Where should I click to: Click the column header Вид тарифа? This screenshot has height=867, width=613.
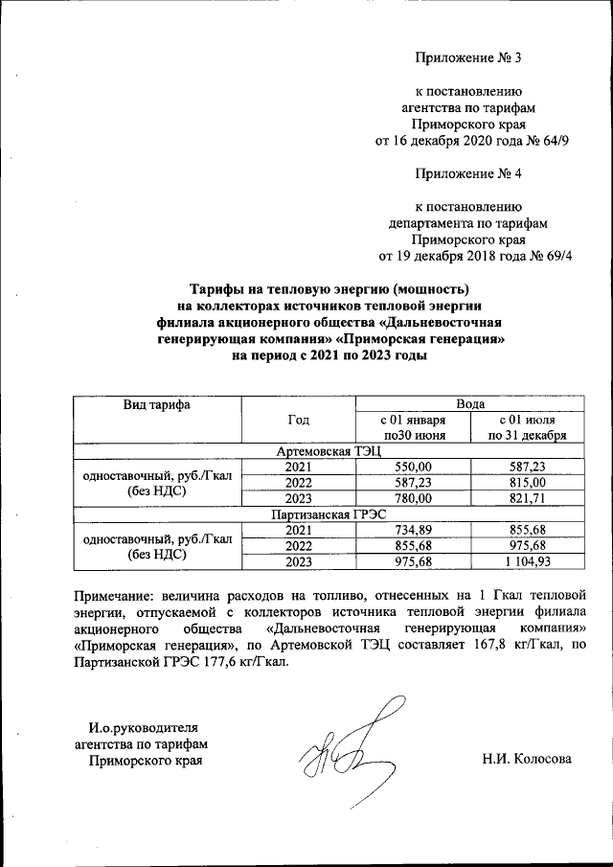pos(157,404)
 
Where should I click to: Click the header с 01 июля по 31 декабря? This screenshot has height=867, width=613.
pos(527,427)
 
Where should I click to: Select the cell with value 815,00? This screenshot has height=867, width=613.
pos(527,482)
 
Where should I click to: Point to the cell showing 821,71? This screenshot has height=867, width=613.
pos(527,498)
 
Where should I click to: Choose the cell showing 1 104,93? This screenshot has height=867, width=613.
pos(527,560)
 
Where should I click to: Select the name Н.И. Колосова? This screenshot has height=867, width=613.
pos(527,760)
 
